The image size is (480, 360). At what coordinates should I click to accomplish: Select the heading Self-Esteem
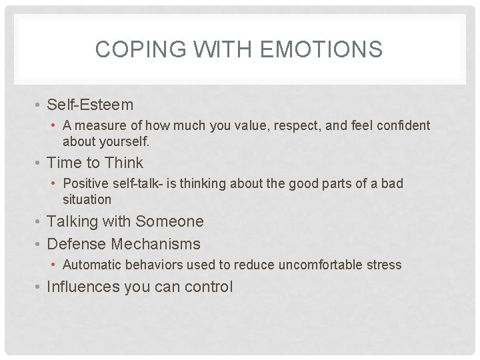pos(90,105)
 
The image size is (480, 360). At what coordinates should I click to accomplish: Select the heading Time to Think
pos(95,163)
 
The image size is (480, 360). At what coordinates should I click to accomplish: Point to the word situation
pos(87,199)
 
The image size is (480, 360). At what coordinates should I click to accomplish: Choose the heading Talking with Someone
pos(125,221)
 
